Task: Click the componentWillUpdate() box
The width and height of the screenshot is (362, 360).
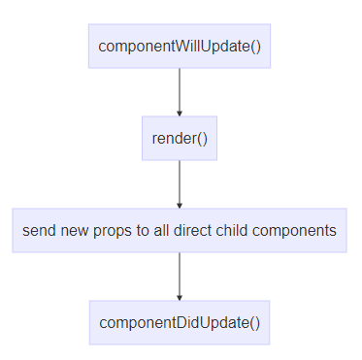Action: (x=180, y=46)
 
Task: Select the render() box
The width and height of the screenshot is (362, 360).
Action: (x=180, y=138)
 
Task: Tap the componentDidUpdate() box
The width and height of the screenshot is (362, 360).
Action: (x=180, y=322)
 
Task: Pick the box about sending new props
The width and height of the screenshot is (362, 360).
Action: (x=180, y=230)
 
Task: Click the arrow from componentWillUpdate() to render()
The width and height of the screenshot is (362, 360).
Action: (x=180, y=91)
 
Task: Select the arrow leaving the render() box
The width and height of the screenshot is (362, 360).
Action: (x=180, y=183)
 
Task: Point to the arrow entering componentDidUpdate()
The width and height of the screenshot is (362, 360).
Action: (x=180, y=276)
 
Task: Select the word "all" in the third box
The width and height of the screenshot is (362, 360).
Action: (x=165, y=231)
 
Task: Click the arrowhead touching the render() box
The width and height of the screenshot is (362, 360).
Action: (x=180, y=113)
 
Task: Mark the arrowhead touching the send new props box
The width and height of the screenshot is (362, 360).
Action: (x=180, y=205)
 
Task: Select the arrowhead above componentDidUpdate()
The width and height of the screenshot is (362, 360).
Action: (x=180, y=297)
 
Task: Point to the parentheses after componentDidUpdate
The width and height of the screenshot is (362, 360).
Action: (x=254, y=323)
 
